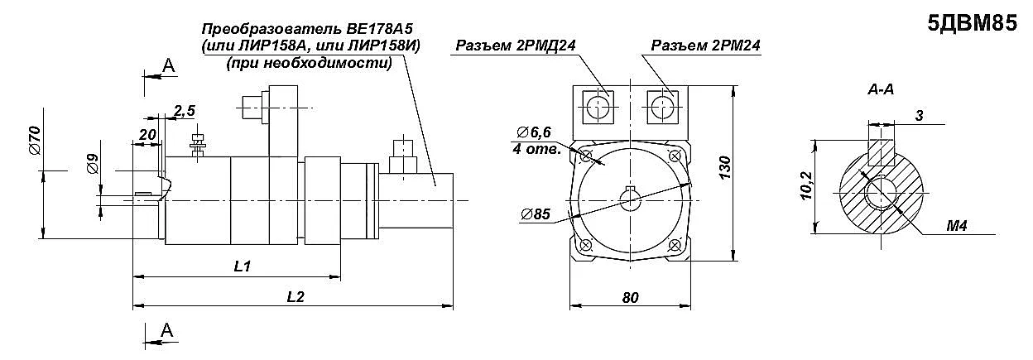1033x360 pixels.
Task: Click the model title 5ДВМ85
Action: pyautogui.click(x=973, y=23)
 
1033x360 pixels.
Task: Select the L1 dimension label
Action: pyautogui.click(x=242, y=266)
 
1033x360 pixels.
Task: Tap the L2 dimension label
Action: pyautogui.click(x=295, y=296)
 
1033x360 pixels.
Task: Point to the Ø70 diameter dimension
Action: pyautogui.click(x=36, y=141)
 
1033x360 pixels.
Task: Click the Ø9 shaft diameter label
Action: pyautogui.click(x=93, y=164)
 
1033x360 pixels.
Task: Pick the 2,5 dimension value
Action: pyautogui.click(x=185, y=111)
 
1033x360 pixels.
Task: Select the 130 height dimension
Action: pyautogui.click(x=724, y=168)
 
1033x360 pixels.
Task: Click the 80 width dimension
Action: pyautogui.click(x=631, y=298)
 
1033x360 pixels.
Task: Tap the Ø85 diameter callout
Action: pyautogui.click(x=536, y=214)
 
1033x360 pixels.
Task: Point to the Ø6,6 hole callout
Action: pyautogui.click(x=534, y=132)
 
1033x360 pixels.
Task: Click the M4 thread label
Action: pyautogui.click(x=957, y=226)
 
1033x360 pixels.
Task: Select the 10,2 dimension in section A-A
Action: pyautogui.click(x=806, y=185)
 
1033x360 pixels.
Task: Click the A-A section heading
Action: pyautogui.click(x=881, y=89)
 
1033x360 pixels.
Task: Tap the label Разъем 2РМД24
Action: pyautogui.click(x=516, y=46)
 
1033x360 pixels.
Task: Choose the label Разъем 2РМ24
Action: pyautogui.click(x=705, y=46)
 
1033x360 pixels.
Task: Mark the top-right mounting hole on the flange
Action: pyautogui.click(x=675, y=156)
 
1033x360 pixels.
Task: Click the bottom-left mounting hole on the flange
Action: pyautogui.click(x=586, y=245)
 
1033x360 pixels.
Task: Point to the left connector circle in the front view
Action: pyautogui.click(x=598, y=108)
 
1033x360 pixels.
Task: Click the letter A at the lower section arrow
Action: pyautogui.click(x=166, y=330)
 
